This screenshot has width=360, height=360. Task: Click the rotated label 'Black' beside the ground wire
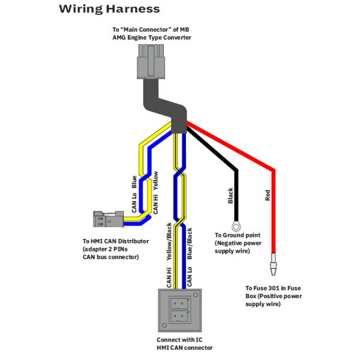230,196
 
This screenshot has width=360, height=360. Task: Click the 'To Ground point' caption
238,236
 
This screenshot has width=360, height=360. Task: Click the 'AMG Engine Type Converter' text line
152,37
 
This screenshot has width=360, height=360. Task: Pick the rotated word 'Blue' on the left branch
133,181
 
